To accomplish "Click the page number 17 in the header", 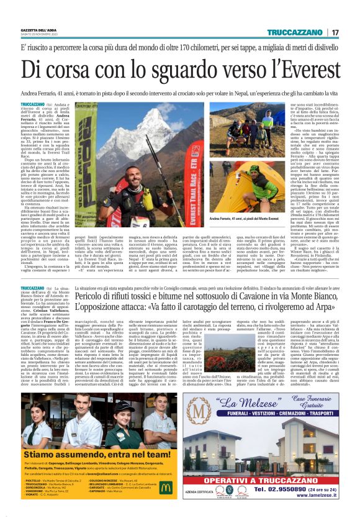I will tap(335, 32).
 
